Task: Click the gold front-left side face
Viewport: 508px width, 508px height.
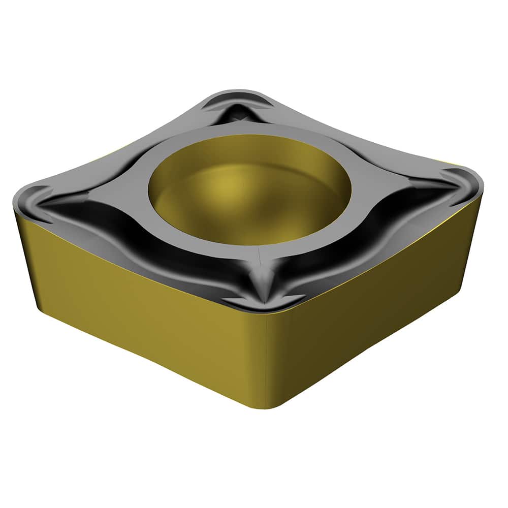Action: coord(142,310)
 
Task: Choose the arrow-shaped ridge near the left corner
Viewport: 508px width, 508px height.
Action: coord(48,203)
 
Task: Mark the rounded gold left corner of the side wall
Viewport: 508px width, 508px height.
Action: coord(25,254)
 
